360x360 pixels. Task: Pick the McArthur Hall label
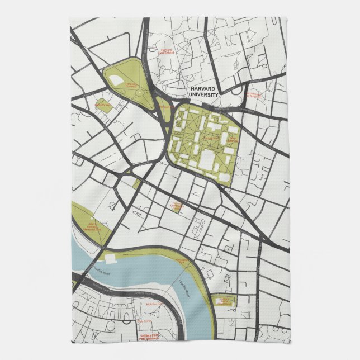click(x=153, y=304)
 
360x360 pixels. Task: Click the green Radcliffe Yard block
click(x=105, y=108)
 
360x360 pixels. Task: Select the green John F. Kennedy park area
click(x=90, y=218)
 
